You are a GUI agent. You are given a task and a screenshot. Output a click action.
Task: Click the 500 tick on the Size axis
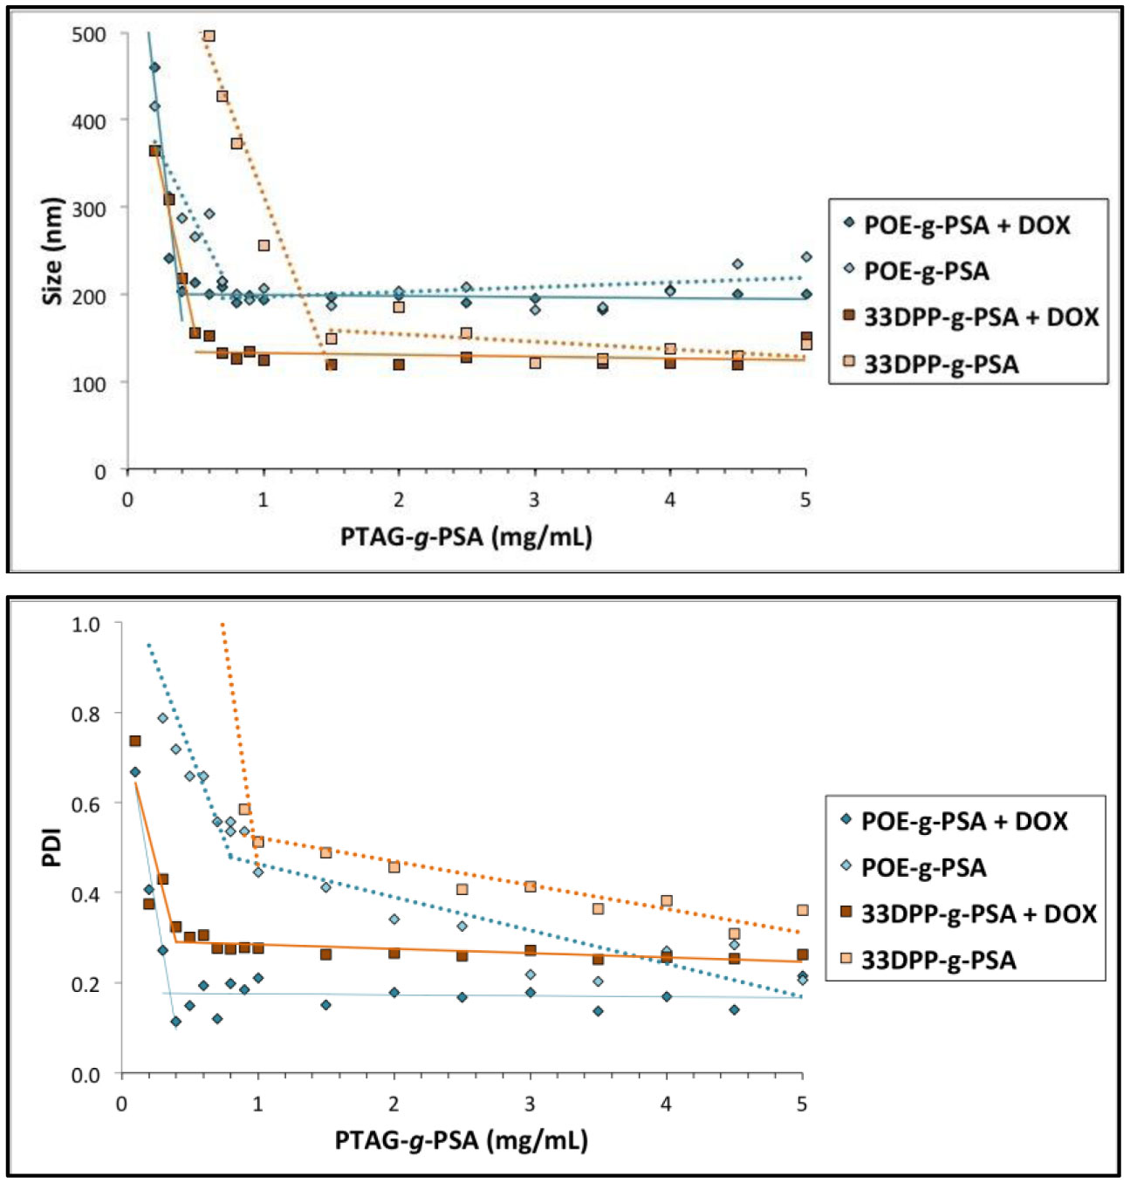pyautogui.click(x=88, y=35)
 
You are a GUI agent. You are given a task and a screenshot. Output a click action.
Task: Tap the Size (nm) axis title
pyautogui.click(x=52, y=251)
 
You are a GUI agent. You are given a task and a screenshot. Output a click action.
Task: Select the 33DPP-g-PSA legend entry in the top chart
pyautogui.click(x=941, y=364)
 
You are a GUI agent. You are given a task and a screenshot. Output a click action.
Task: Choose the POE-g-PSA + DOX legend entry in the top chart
pyautogui.click(x=966, y=225)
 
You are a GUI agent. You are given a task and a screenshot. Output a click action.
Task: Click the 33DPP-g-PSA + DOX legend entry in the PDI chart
pyautogui.click(x=977, y=913)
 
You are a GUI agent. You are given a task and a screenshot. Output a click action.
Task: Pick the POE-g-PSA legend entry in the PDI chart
pyautogui.click(x=923, y=867)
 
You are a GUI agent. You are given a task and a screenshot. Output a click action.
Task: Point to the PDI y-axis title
pyautogui.click(x=52, y=846)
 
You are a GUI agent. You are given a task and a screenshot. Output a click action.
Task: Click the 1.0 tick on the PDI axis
pyautogui.click(x=86, y=625)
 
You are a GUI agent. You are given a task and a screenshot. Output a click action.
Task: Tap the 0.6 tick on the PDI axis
pyautogui.click(x=86, y=803)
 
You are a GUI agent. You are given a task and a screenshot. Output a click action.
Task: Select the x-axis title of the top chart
pyautogui.click(x=466, y=536)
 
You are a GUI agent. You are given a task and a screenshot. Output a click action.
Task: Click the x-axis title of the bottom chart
pyautogui.click(x=461, y=1139)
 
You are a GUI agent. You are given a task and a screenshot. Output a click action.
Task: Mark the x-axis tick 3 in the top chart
pyautogui.click(x=534, y=500)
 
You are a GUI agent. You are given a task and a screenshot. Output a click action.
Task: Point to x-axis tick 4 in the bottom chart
pyautogui.click(x=666, y=1104)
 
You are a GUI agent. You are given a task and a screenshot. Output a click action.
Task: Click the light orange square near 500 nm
pyautogui.click(x=209, y=37)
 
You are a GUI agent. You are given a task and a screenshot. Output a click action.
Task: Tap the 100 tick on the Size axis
pyautogui.click(x=88, y=384)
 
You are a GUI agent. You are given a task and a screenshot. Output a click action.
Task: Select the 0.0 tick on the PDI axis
pyautogui.click(x=86, y=1075)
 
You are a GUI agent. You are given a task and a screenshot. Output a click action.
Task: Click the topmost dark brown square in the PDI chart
pyautogui.click(x=135, y=741)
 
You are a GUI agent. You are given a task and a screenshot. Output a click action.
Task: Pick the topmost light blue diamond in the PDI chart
pyautogui.click(x=162, y=718)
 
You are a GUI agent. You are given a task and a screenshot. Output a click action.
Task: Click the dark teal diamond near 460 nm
pyautogui.click(x=154, y=67)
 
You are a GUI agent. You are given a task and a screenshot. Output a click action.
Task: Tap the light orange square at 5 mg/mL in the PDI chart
pyautogui.click(x=803, y=910)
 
